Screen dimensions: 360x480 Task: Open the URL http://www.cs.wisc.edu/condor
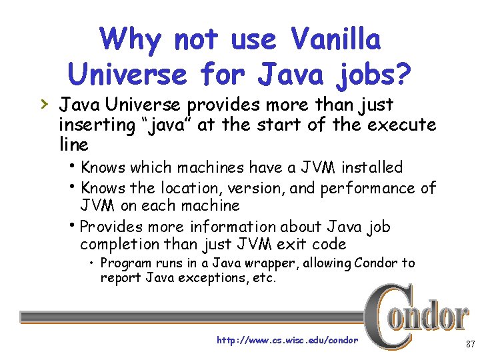point(287,340)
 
